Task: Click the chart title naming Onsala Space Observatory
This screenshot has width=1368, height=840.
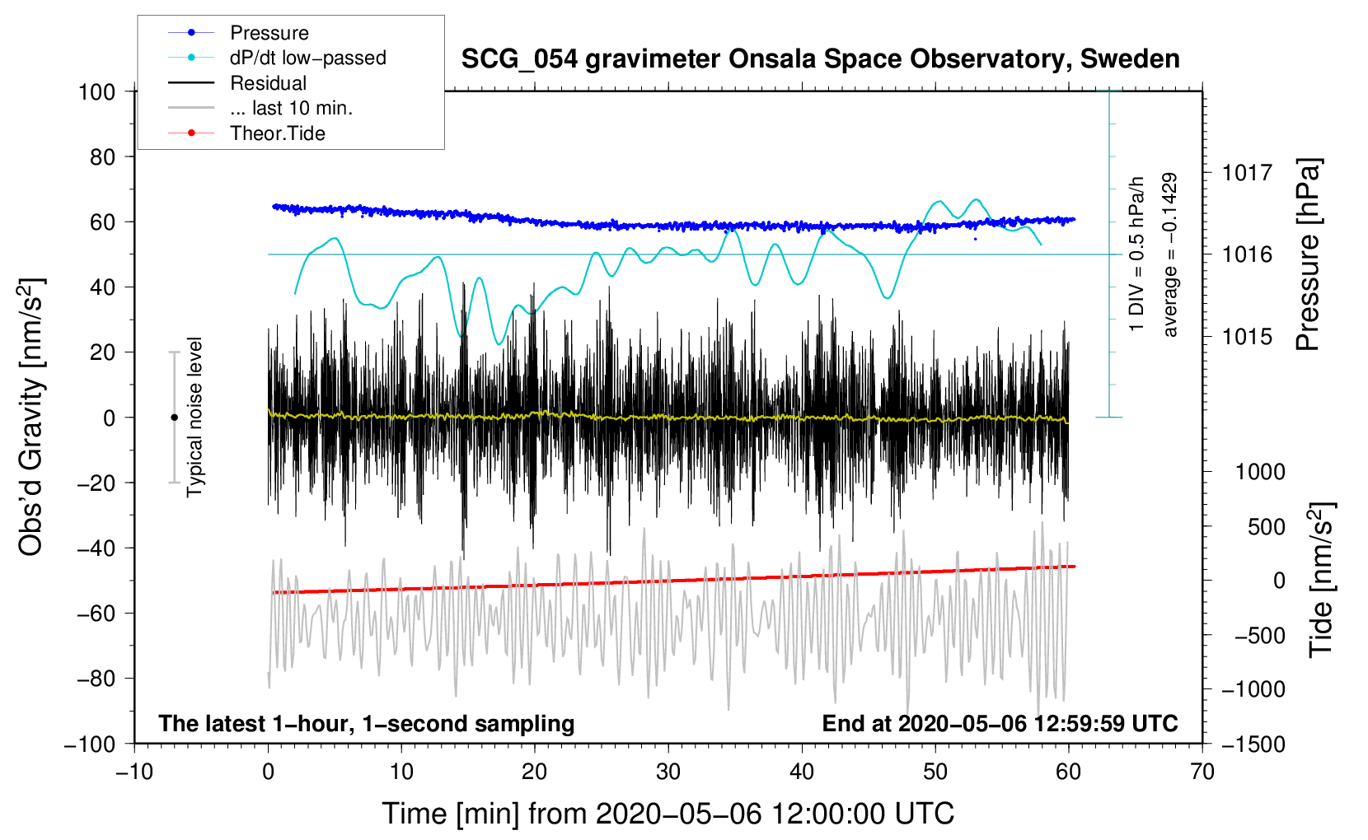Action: [x=820, y=59]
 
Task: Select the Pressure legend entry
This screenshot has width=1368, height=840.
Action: [x=269, y=33]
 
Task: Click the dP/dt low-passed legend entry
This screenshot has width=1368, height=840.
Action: [x=307, y=58]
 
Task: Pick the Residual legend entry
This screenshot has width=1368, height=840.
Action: [x=268, y=83]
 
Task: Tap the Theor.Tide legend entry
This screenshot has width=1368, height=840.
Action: [x=277, y=133]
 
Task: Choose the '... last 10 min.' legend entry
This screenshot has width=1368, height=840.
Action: [x=291, y=108]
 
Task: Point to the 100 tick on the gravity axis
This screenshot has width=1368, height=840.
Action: [x=96, y=91]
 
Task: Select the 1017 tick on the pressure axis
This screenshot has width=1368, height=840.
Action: [x=1247, y=173]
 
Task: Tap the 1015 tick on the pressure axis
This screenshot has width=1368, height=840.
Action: [x=1247, y=337]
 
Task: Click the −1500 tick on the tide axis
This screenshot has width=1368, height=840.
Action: [x=1253, y=744]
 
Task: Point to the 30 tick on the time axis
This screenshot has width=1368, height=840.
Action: [x=668, y=772]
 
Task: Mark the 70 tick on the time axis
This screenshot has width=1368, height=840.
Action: [x=1202, y=772]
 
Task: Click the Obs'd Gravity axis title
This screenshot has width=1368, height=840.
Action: [x=30, y=417]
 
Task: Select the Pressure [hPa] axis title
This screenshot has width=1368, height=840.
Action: [x=1308, y=254]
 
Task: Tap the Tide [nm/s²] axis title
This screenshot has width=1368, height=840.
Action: [x=1321, y=579]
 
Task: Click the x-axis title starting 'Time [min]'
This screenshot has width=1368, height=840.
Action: [x=668, y=814]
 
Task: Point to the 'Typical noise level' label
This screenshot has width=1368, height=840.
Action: [x=194, y=417]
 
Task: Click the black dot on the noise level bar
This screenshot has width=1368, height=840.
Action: [x=174, y=418]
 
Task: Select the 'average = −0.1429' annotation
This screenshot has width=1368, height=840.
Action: [x=1169, y=254]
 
